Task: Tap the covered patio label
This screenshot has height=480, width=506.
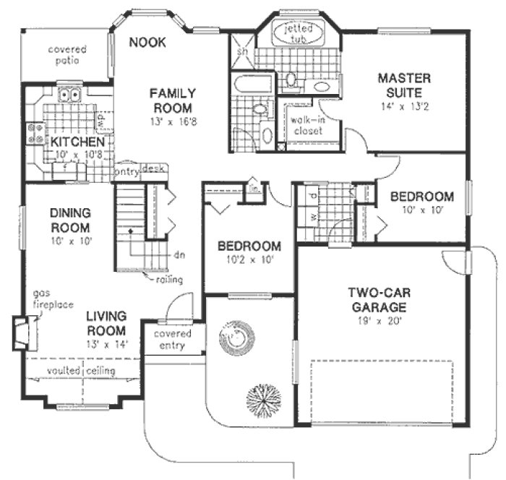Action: click(x=67, y=56)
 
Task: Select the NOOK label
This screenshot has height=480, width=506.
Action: click(x=147, y=42)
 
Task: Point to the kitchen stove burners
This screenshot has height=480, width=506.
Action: click(x=33, y=132)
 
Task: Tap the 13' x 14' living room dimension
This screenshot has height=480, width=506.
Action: click(x=106, y=343)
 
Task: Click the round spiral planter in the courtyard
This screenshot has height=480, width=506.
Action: click(x=234, y=336)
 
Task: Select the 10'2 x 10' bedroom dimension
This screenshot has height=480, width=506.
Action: click(x=249, y=259)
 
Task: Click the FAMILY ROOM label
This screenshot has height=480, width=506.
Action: click(x=170, y=100)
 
